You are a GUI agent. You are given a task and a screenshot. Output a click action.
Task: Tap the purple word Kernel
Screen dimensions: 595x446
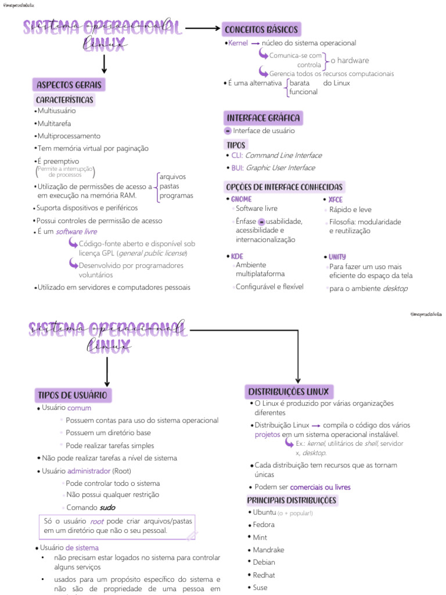click(x=238, y=43)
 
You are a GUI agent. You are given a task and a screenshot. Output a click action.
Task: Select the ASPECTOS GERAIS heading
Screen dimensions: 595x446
click(x=69, y=85)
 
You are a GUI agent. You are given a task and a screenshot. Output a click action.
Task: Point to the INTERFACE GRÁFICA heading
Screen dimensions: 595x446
click(x=263, y=118)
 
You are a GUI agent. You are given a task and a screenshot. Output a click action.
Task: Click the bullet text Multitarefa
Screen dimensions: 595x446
click(x=54, y=123)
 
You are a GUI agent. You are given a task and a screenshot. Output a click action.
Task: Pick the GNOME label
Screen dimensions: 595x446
click(x=242, y=199)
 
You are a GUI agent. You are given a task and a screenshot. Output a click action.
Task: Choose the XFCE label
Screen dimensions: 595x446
click(x=336, y=199)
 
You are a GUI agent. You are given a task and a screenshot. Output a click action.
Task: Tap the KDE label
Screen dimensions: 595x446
click(x=237, y=256)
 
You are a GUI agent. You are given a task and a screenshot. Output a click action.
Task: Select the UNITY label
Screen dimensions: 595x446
click(x=337, y=257)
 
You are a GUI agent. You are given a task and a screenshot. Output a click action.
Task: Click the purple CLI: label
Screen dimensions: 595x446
click(x=237, y=156)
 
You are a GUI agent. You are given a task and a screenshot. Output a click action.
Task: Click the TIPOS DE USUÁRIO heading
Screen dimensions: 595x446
click(x=73, y=395)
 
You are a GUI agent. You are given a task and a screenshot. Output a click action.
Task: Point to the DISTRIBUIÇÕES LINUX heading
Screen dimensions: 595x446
click(x=289, y=391)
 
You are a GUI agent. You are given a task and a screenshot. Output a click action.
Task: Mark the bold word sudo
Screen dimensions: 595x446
click(x=107, y=507)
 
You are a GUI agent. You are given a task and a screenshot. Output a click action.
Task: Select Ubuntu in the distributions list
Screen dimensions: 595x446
click(x=264, y=512)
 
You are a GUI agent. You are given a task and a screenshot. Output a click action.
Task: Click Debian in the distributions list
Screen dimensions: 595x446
click(x=264, y=562)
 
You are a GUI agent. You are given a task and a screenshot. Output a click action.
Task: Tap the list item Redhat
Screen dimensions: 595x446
click(x=264, y=575)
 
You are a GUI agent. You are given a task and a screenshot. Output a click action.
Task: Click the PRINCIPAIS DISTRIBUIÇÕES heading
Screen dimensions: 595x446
click(x=292, y=500)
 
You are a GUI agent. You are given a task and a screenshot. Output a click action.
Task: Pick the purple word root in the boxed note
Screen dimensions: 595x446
click(x=96, y=522)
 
